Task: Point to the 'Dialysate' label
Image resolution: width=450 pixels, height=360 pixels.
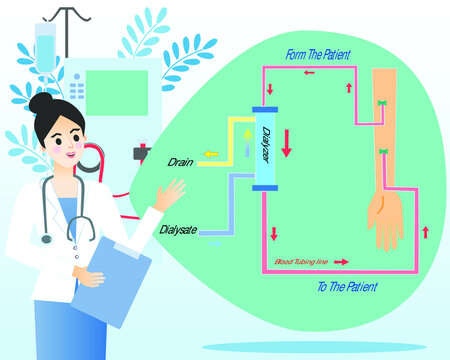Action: click(x=179, y=229)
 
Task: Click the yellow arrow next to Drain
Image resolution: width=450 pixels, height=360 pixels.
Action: click(x=210, y=154)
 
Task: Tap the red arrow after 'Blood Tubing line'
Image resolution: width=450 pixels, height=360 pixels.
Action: click(x=342, y=262)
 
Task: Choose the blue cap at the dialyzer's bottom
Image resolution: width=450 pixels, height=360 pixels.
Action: click(x=264, y=188)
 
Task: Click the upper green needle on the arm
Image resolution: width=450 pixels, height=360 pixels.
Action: click(x=382, y=104)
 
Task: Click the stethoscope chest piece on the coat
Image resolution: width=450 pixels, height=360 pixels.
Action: click(x=46, y=238)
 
